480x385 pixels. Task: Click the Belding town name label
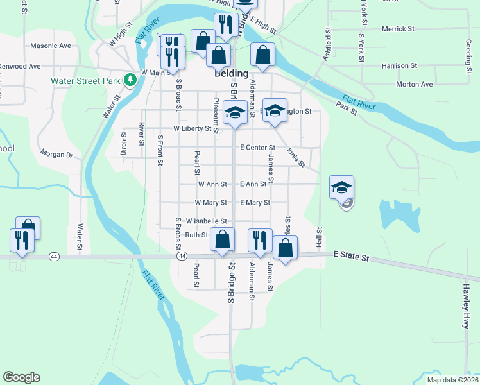coord(230,73)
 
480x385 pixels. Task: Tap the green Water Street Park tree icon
coord(130,80)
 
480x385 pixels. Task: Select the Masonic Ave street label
coord(51,46)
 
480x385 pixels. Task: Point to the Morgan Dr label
coord(57,154)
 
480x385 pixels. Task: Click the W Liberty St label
coord(193,129)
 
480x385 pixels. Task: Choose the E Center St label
coord(257,148)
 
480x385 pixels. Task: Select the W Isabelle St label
coord(207,221)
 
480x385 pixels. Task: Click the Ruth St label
coord(196,235)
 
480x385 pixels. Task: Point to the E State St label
coord(351,257)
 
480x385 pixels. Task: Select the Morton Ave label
coord(415,84)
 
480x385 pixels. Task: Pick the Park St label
coord(346,110)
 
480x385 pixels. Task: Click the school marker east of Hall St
coord(341,187)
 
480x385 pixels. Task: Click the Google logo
coord(21,377)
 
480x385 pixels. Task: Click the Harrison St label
coord(399,65)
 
